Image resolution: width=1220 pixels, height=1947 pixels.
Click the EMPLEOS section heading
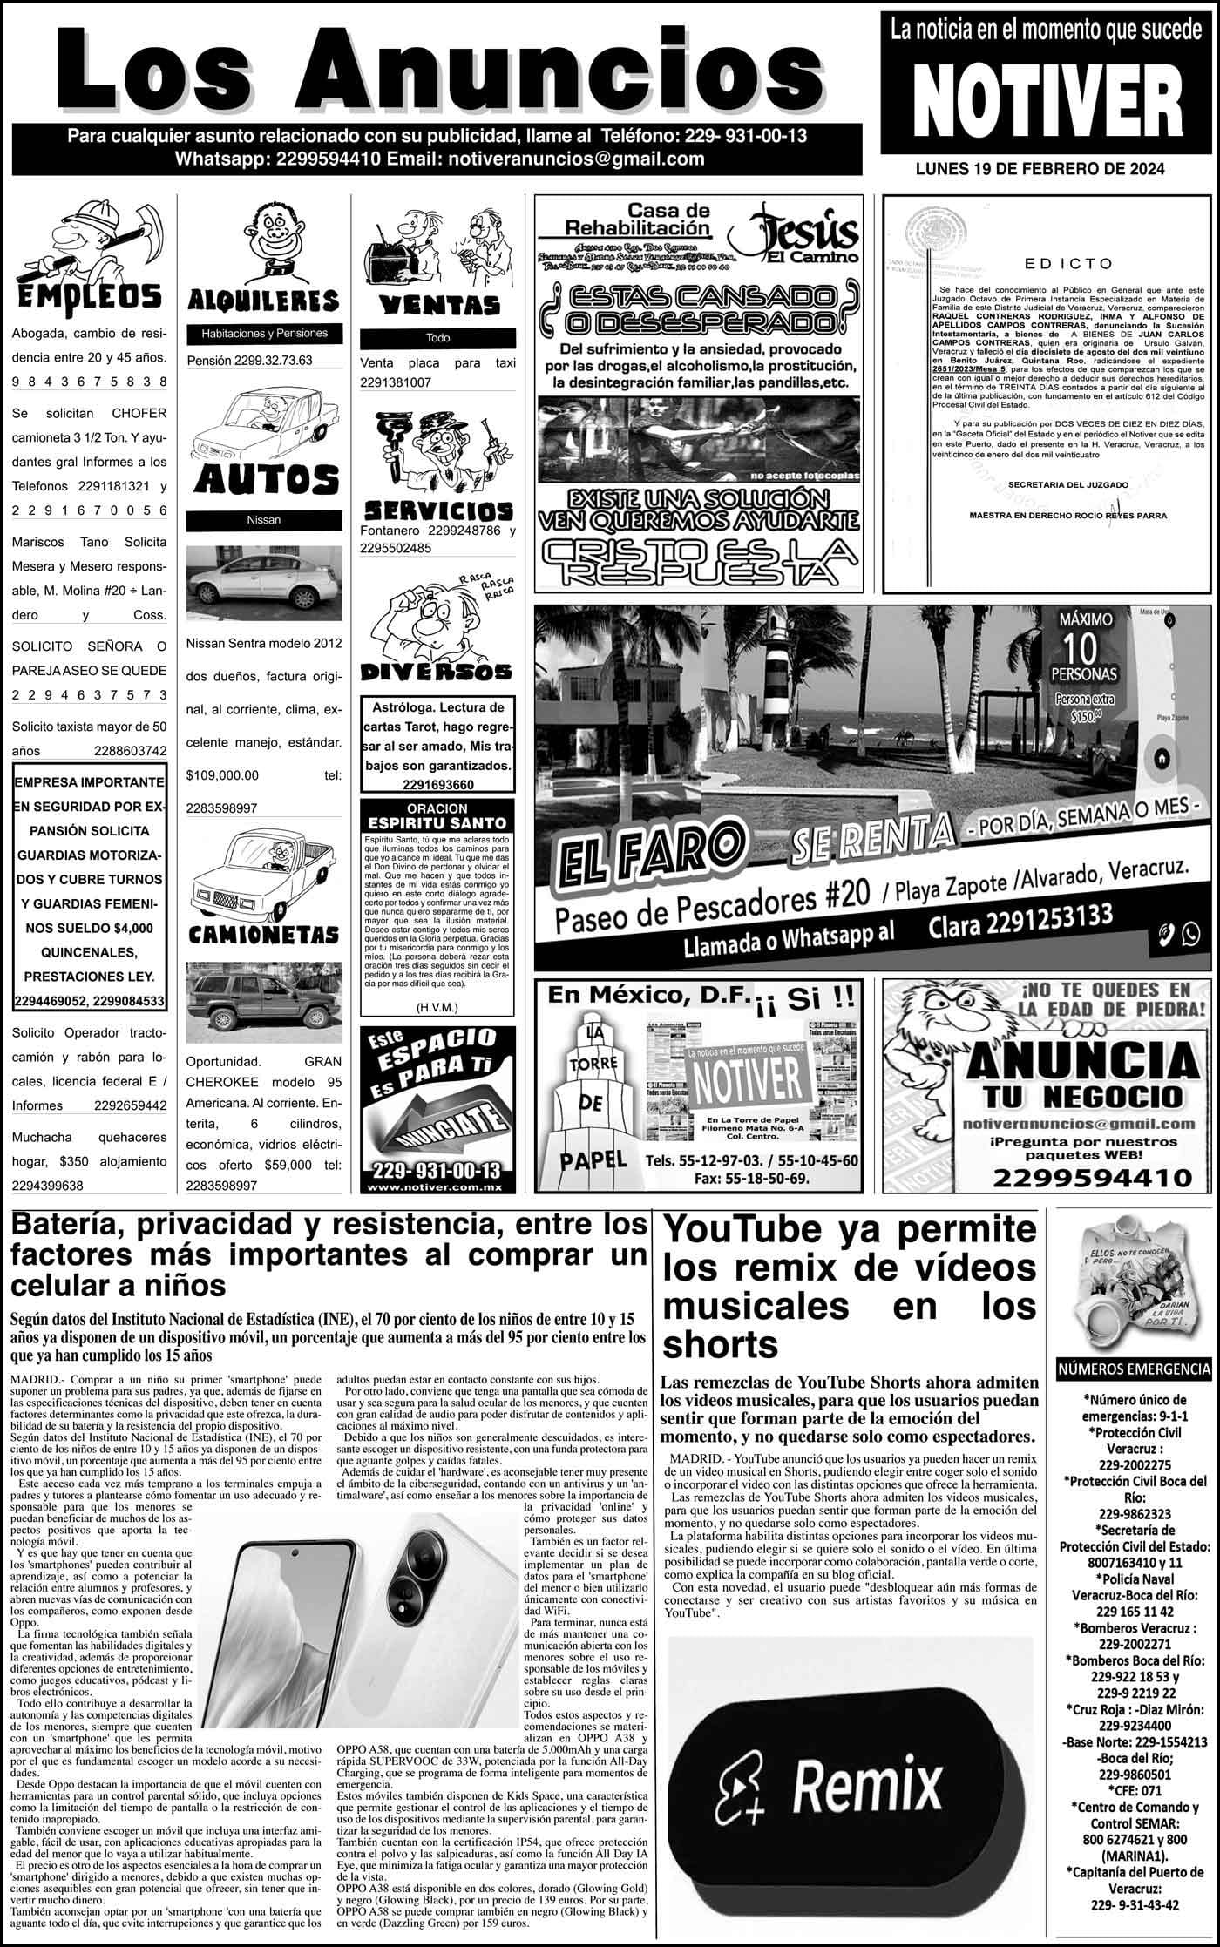coord(90,294)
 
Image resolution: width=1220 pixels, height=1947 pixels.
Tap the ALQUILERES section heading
coord(263,301)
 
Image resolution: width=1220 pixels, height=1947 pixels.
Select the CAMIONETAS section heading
coord(263,935)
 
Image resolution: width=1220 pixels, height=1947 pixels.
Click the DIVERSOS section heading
coord(437,672)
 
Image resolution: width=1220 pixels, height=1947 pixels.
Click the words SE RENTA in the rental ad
coord(871,836)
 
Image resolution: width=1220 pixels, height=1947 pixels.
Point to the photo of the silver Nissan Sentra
coord(263,579)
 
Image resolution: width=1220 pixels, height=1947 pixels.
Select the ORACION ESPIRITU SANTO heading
coord(437,815)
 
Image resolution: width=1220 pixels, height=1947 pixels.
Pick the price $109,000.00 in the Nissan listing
coord(223,774)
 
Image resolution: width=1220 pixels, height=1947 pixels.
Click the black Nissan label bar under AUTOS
coord(263,520)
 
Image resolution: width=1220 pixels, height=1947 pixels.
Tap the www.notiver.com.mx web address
coord(436,1187)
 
